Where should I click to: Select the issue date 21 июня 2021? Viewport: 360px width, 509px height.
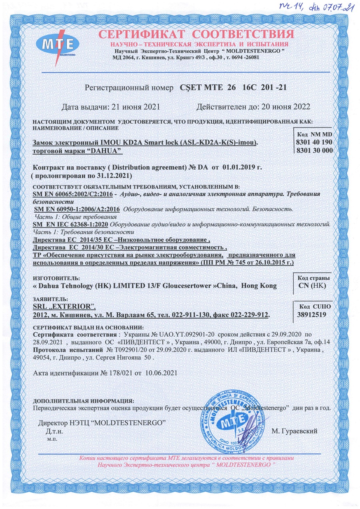click(x=134, y=107)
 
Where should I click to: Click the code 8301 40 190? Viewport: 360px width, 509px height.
click(x=313, y=142)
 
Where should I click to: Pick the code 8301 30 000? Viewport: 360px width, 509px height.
click(x=313, y=150)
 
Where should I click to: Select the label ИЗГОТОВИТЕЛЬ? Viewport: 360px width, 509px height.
click(x=56, y=278)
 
